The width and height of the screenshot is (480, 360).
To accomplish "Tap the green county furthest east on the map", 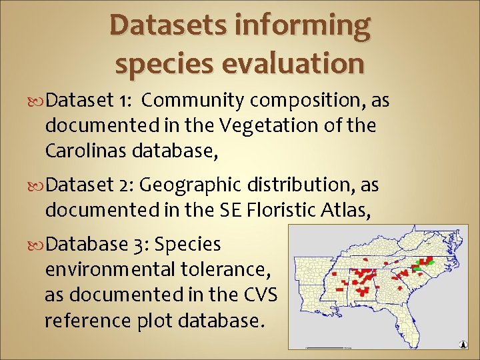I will (430, 263).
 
